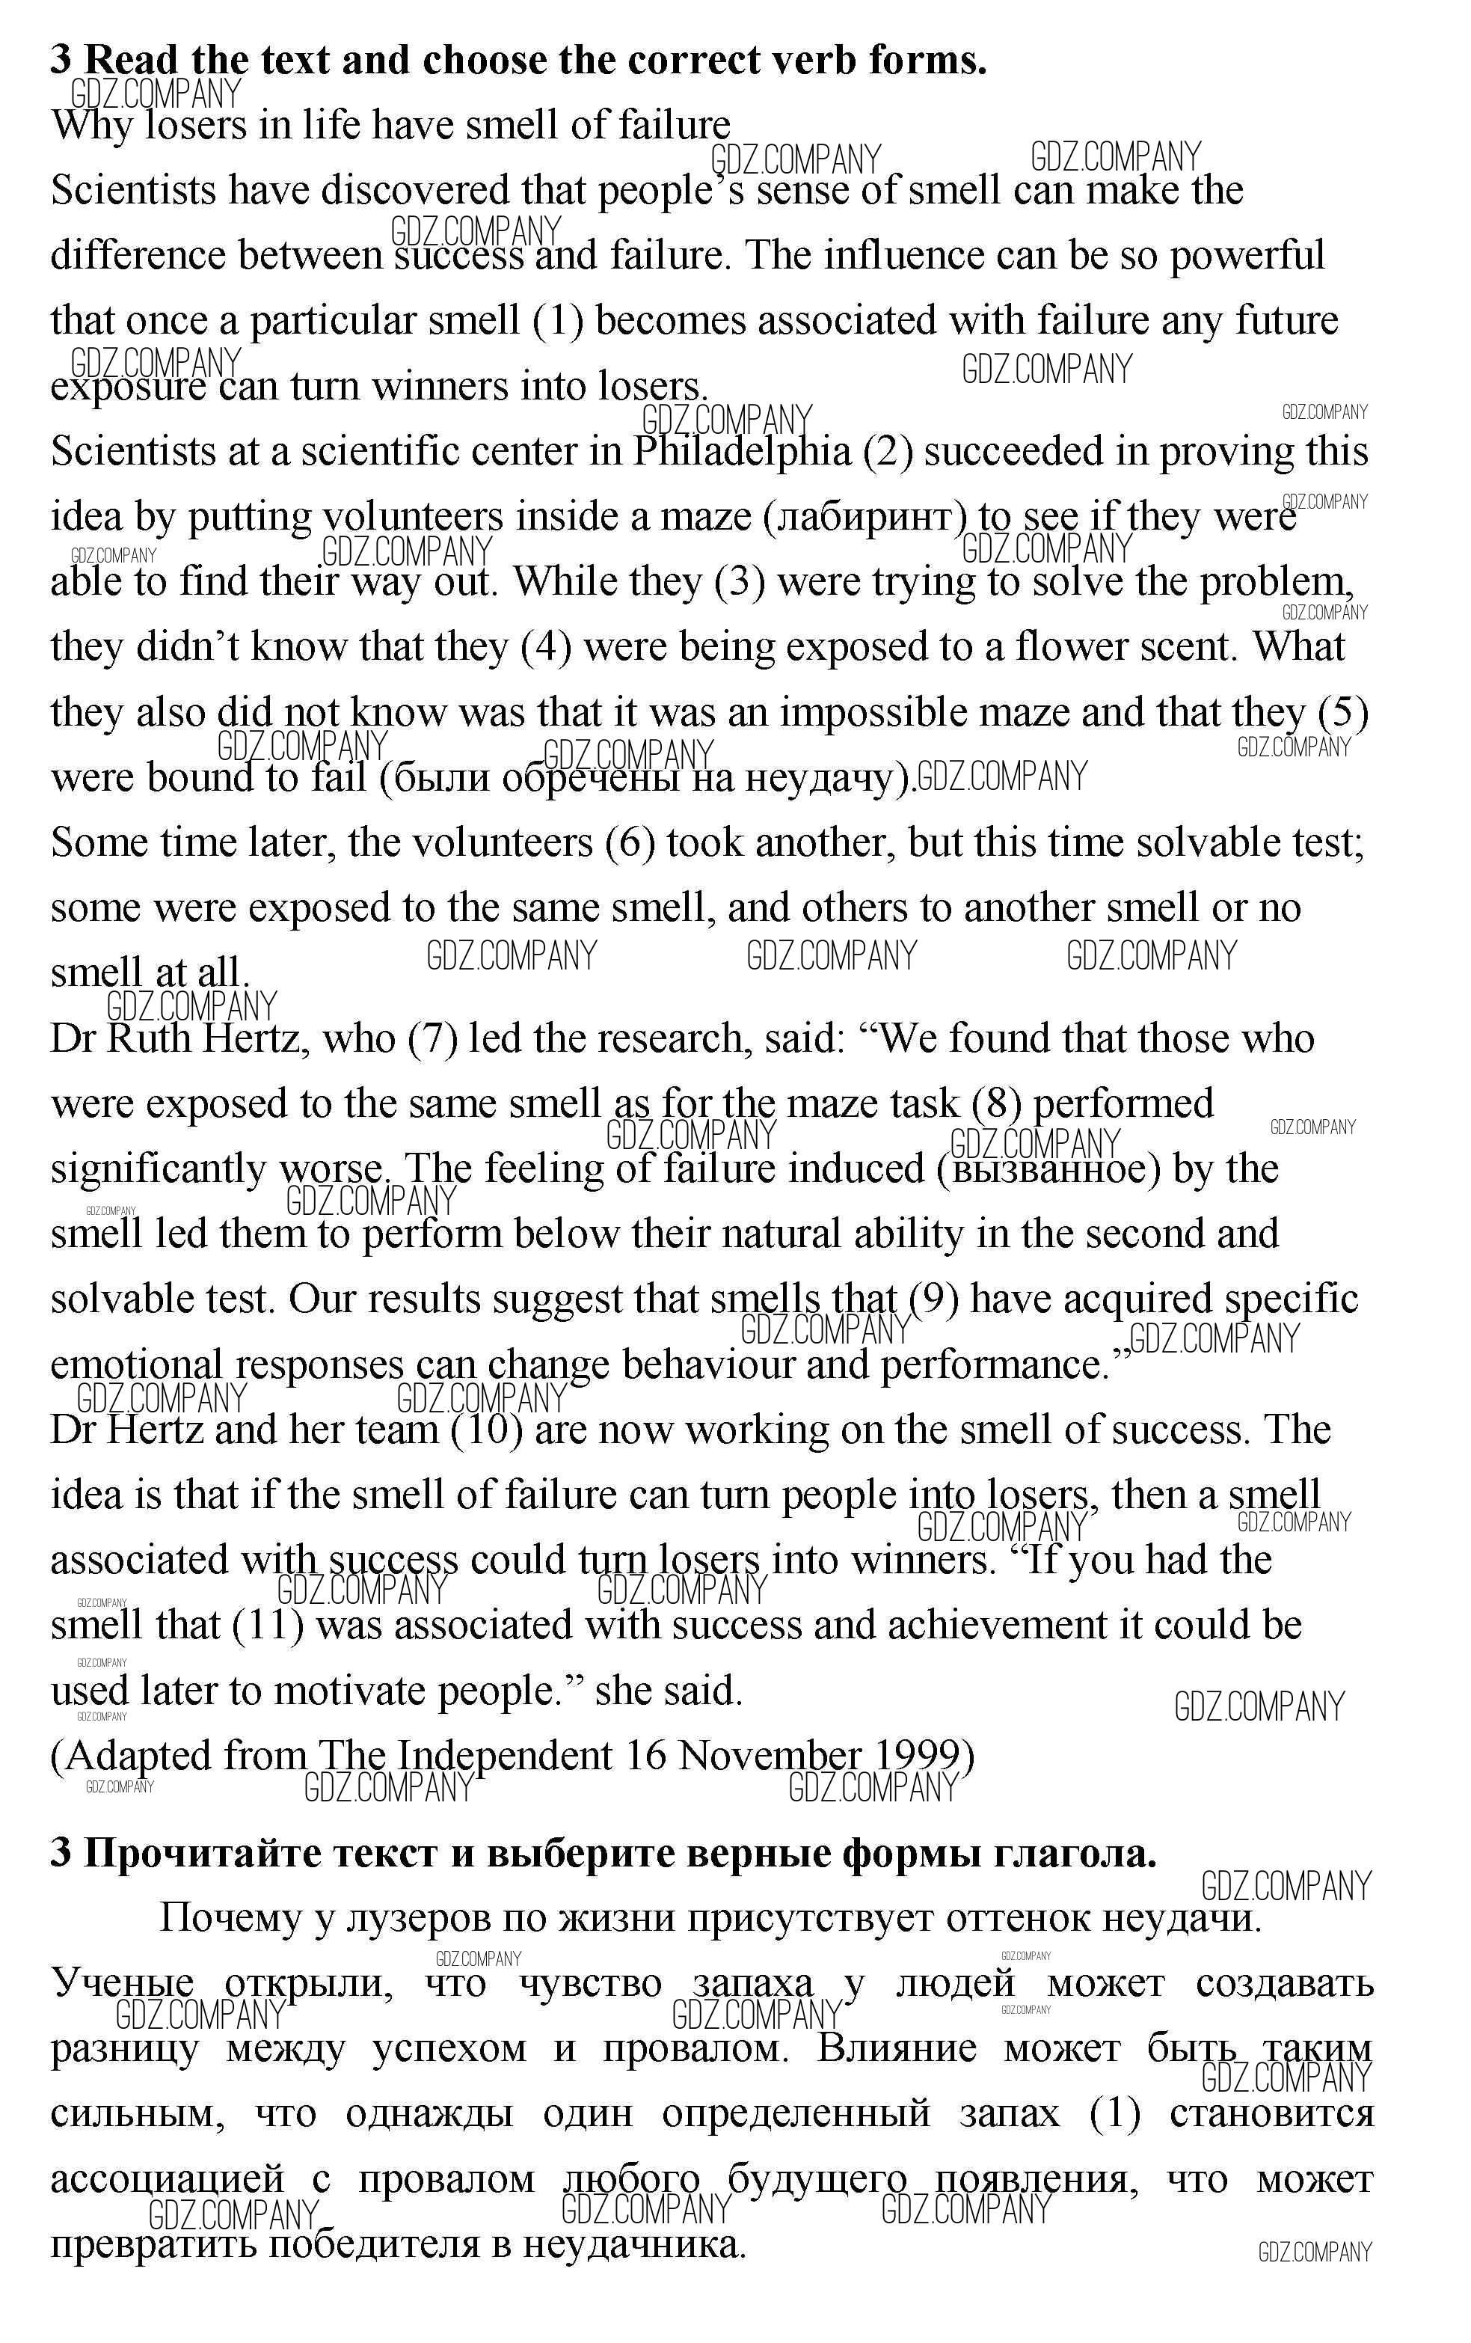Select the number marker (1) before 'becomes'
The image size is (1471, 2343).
(x=559, y=321)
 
